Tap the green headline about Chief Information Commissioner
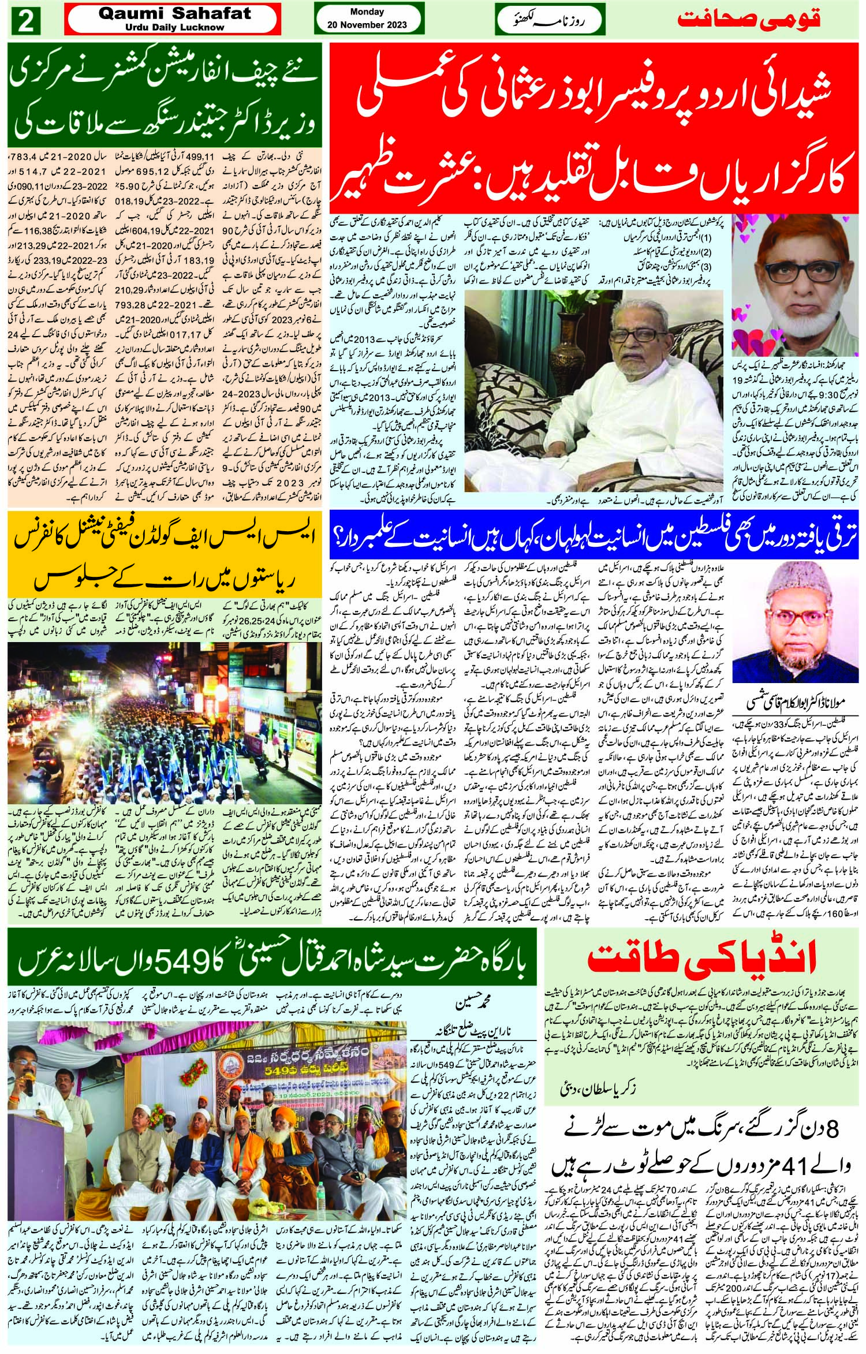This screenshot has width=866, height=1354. (164, 100)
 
